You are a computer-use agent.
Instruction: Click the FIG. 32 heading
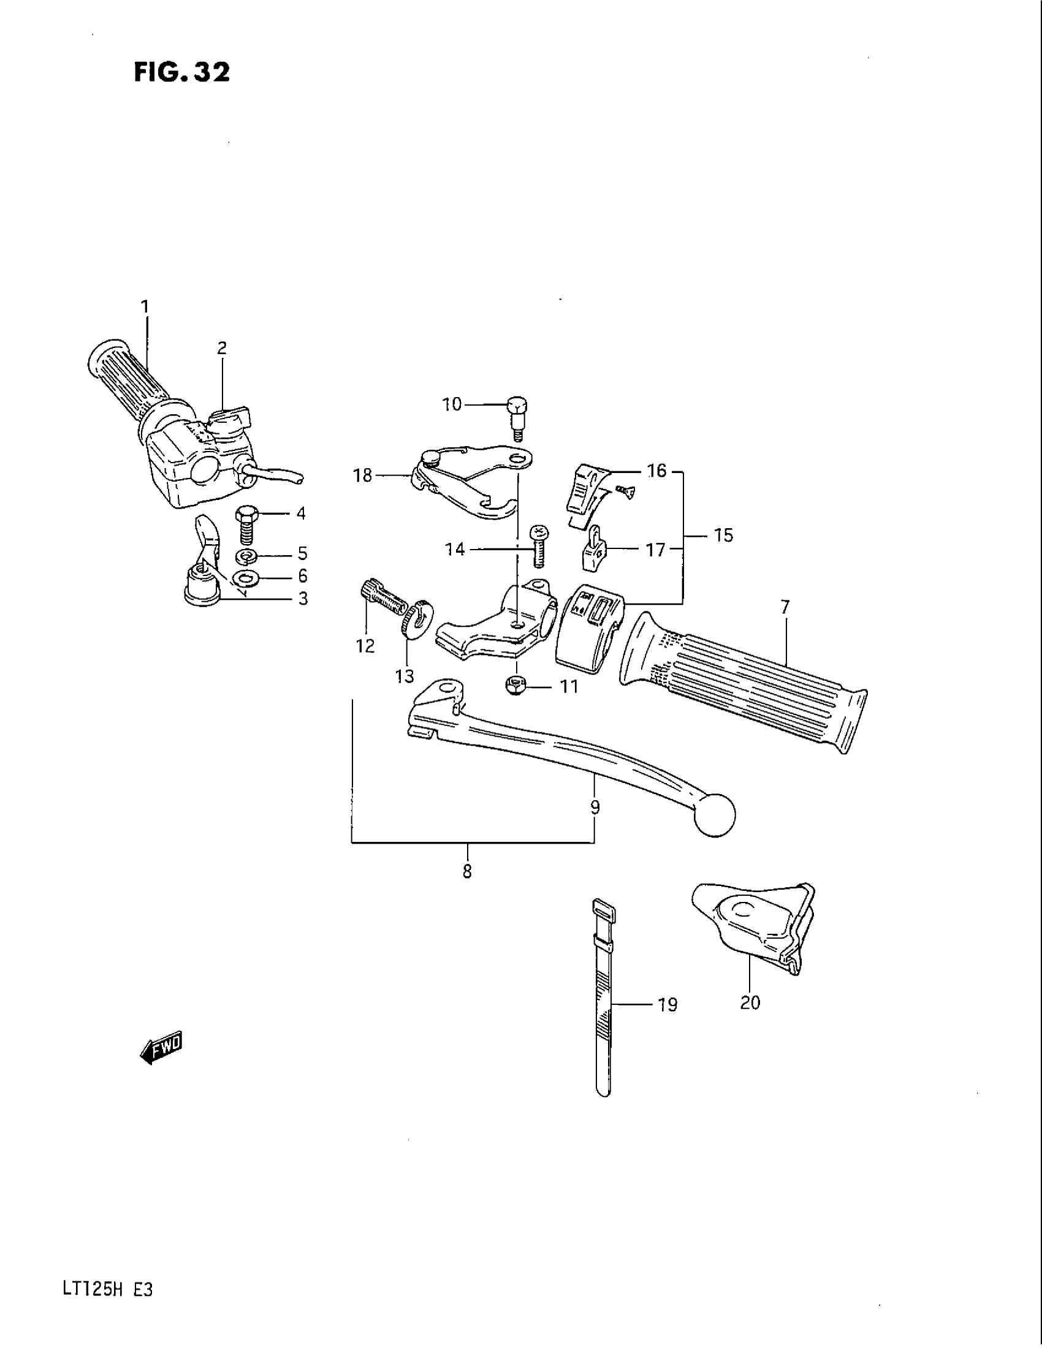point(181,72)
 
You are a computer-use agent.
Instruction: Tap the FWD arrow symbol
point(162,1049)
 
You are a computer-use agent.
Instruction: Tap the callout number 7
point(785,607)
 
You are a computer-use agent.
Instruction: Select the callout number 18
point(363,475)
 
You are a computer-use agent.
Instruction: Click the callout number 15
point(723,535)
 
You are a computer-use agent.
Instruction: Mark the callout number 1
point(145,307)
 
